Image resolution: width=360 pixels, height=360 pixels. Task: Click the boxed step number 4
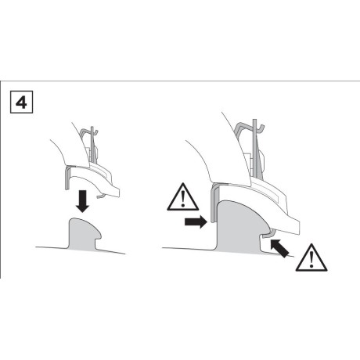click(x=21, y=102)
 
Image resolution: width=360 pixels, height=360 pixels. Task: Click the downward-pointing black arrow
click(x=82, y=201)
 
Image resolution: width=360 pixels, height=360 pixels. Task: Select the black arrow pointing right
click(x=196, y=222)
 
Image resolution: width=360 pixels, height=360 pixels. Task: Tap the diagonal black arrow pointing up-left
click(x=279, y=248)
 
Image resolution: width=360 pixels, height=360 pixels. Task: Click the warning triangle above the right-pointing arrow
click(x=183, y=197)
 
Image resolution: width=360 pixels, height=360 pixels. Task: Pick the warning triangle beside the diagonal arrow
click(x=311, y=257)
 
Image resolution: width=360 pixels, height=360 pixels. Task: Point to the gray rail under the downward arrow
click(x=84, y=233)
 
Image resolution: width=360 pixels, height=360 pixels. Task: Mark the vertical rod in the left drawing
click(x=92, y=145)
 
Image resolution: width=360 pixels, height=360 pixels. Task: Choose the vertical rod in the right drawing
click(x=255, y=149)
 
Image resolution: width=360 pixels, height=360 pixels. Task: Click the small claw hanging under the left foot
click(x=101, y=196)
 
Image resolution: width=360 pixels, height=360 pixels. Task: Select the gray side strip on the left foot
click(x=68, y=178)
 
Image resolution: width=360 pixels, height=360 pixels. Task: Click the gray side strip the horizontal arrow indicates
click(x=214, y=203)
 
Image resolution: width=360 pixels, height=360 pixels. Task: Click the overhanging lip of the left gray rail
click(x=98, y=234)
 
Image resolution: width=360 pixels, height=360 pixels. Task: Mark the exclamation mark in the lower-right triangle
click(x=311, y=260)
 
